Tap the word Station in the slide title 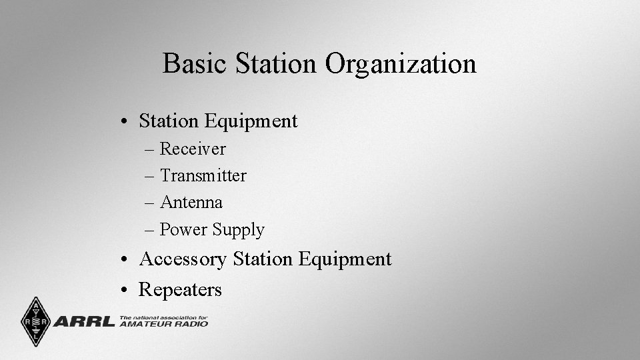[277, 64]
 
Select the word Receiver [193, 149]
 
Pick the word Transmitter [203, 175]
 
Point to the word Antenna [191, 202]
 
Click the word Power [184, 229]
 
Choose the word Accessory [183, 259]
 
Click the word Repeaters [180, 290]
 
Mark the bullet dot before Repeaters [125, 291]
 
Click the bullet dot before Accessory [125, 260]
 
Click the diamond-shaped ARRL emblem [35, 321]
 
